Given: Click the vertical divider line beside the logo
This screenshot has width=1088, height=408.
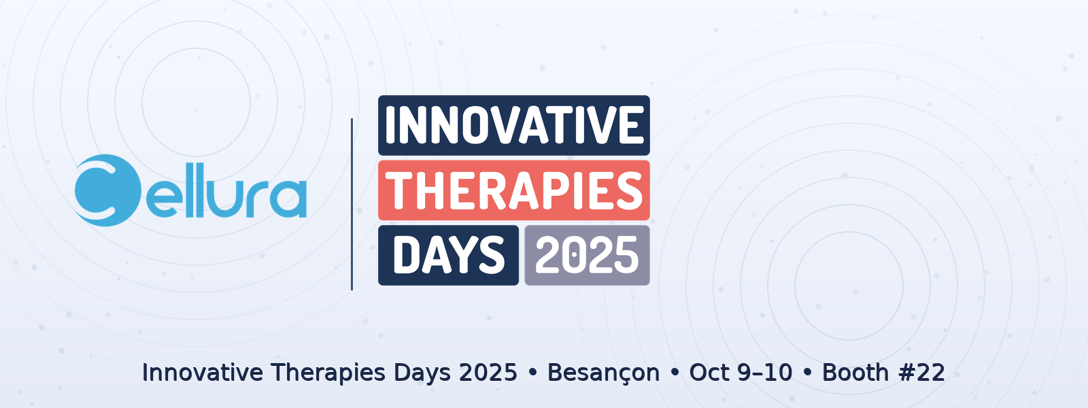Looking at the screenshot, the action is click(352, 204).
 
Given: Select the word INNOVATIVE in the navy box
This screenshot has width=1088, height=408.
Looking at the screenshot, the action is click(514, 125).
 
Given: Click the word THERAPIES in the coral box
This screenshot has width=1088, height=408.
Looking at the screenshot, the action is click(514, 190).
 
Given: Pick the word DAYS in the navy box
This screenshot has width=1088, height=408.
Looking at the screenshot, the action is click(449, 255).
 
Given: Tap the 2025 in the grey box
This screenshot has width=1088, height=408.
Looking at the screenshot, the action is click(587, 255).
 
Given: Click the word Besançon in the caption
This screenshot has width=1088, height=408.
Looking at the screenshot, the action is click(603, 373).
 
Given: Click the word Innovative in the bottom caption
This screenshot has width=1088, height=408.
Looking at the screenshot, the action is click(203, 373).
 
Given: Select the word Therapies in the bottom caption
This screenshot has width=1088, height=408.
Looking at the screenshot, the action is click(328, 373).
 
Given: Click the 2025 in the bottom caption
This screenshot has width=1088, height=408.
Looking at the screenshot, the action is click(488, 373).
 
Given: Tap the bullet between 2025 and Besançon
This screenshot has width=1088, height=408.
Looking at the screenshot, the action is click(532, 373).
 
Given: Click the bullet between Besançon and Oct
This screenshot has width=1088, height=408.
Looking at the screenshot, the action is click(675, 373).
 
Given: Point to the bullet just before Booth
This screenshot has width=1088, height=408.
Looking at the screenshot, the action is click(807, 373).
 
